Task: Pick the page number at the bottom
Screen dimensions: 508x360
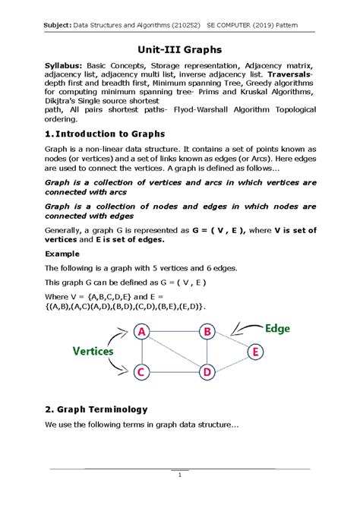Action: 179,475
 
